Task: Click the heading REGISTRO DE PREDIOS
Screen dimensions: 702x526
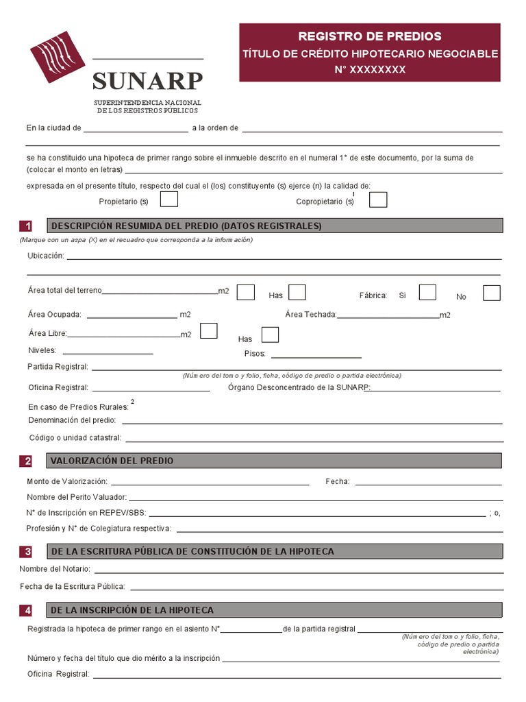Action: [x=370, y=36]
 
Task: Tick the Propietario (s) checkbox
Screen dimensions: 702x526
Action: [x=169, y=199]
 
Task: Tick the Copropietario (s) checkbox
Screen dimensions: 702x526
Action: [x=378, y=199]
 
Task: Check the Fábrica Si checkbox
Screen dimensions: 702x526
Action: [x=427, y=293]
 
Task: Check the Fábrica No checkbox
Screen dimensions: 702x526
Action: [x=491, y=293]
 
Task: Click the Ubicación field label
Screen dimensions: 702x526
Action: [x=45, y=256]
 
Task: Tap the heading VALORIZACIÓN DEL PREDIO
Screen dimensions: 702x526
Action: [x=112, y=461]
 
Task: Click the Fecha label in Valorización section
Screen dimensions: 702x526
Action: [x=338, y=481]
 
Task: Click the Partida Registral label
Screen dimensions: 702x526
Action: [x=58, y=367]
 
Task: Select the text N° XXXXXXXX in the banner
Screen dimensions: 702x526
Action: [x=370, y=69]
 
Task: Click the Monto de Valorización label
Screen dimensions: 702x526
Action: [x=67, y=481]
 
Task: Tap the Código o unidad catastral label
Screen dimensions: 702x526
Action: [x=75, y=437]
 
